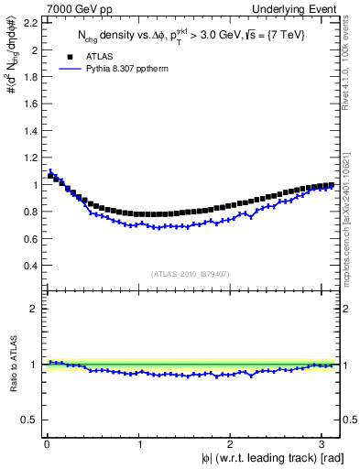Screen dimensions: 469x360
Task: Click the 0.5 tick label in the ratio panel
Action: click(27, 420)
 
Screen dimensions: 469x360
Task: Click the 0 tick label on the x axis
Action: click(47, 444)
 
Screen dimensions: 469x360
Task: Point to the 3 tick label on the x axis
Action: click(322, 444)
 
